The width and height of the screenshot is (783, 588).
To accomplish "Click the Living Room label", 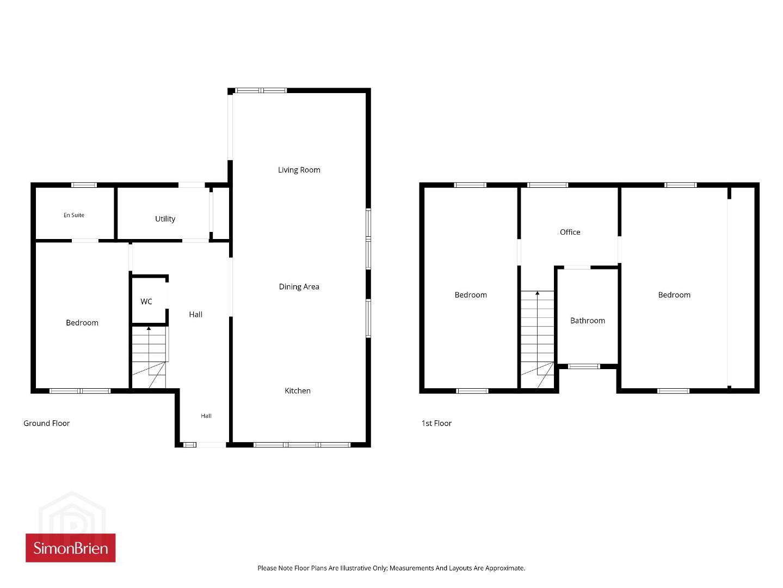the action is point(299,170).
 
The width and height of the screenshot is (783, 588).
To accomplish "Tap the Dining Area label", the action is point(299,286).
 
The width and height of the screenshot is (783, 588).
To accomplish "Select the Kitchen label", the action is point(298,391).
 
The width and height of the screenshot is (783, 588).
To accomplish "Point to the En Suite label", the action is point(74,215).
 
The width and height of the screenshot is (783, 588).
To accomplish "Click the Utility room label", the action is point(165,219).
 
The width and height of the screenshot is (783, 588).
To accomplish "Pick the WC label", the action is point(146,302).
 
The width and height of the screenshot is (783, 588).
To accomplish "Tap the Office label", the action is point(570,232).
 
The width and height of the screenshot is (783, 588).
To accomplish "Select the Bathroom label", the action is point(588,320).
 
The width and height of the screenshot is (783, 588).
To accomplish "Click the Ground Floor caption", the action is point(46,423).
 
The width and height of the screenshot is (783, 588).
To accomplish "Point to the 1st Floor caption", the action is point(436,423).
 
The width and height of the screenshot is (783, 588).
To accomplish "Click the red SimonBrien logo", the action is point(71,548).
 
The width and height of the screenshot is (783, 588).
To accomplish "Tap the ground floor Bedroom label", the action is point(82,322).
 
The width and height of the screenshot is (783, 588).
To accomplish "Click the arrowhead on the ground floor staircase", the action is point(149,328).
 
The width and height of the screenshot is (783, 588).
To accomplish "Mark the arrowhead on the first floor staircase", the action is point(537,293).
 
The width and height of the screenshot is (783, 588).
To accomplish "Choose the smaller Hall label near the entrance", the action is point(206,415).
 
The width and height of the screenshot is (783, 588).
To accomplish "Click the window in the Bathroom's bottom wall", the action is point(584,366).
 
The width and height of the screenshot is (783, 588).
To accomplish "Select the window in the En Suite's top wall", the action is point(84,185).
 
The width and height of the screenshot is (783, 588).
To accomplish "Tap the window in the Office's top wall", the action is point(547,185).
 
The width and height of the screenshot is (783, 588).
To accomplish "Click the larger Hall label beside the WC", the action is point(195,314).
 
